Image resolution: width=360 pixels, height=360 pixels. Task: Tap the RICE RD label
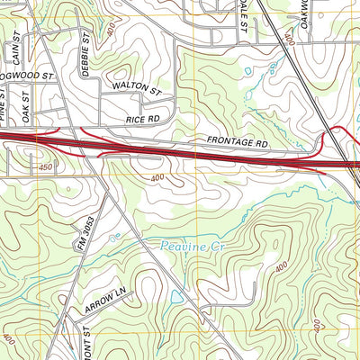[142, 118]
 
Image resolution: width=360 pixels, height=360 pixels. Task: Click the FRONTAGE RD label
[238, 143]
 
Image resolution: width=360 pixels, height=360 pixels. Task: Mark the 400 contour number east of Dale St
[288, 40]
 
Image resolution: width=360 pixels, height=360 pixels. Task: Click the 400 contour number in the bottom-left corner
[9, 340]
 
